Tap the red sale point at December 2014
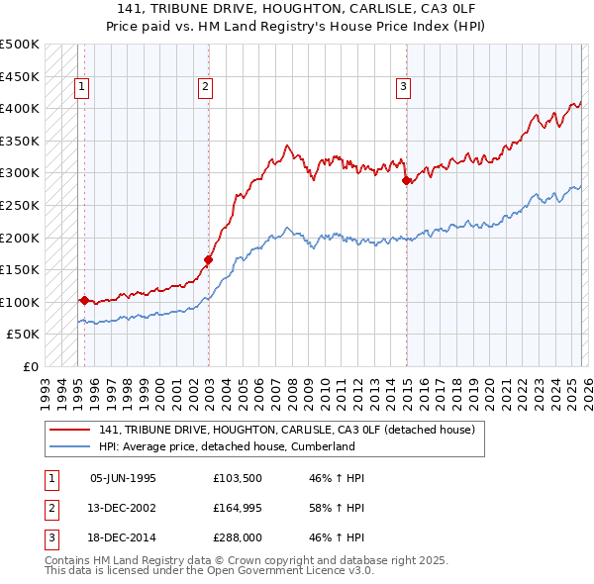point(406,180)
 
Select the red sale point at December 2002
point(209,260)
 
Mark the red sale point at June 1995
point(84,300)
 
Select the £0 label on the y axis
point(30,366)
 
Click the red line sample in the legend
point(70,430)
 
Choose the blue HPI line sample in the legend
point(70,446)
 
